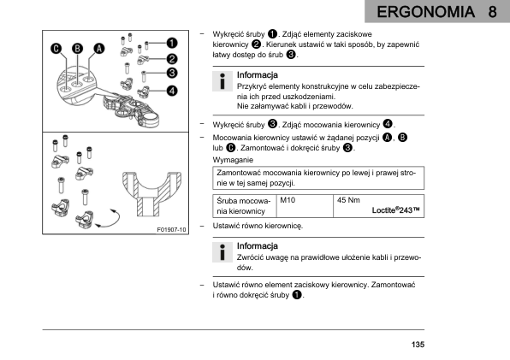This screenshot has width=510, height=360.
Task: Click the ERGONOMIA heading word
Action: pyautogui.click(x=425, y=12)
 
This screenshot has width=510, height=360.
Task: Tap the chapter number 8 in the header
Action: pyautogui.click(x=492, y=12)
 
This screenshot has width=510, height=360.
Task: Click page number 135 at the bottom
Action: pyautogui.click(x=418, y=345)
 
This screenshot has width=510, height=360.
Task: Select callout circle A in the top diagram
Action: pyautogui.click(x=99, y=49)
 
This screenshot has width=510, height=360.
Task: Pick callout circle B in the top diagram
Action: pyautogui.click(x=77, y=49)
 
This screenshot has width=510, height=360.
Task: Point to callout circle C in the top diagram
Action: pyautogui.click(x=56, y=49)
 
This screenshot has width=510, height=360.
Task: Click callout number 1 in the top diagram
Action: pyautogui.click(x=172, y=43)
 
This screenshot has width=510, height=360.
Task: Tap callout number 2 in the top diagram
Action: pyautogui.click(x=172, y=59)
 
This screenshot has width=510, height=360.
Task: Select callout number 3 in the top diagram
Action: pyautogui.click(x=172, y=73)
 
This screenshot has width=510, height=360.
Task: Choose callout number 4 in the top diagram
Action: pyautogui.click(x=172, y=91)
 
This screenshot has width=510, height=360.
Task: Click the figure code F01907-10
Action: pyautogui.click(x=171, y=230)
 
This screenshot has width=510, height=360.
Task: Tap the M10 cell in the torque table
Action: pyautogui.click(x=288, y=200)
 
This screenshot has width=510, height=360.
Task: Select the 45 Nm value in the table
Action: pyautogui.click(x=348, y=200)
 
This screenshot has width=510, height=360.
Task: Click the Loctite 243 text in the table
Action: pyautogui.click(x=396, y=210)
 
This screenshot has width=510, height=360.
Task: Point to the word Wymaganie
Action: pyautogui.click(x=233, y=160)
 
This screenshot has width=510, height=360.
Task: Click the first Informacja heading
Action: pyautogui.click(x=258, y=75)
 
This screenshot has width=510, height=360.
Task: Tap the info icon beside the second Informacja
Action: pyautogui.click(x=222, y=252)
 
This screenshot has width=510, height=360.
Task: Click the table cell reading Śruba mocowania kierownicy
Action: pyautogui.click(x=244, y=206)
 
